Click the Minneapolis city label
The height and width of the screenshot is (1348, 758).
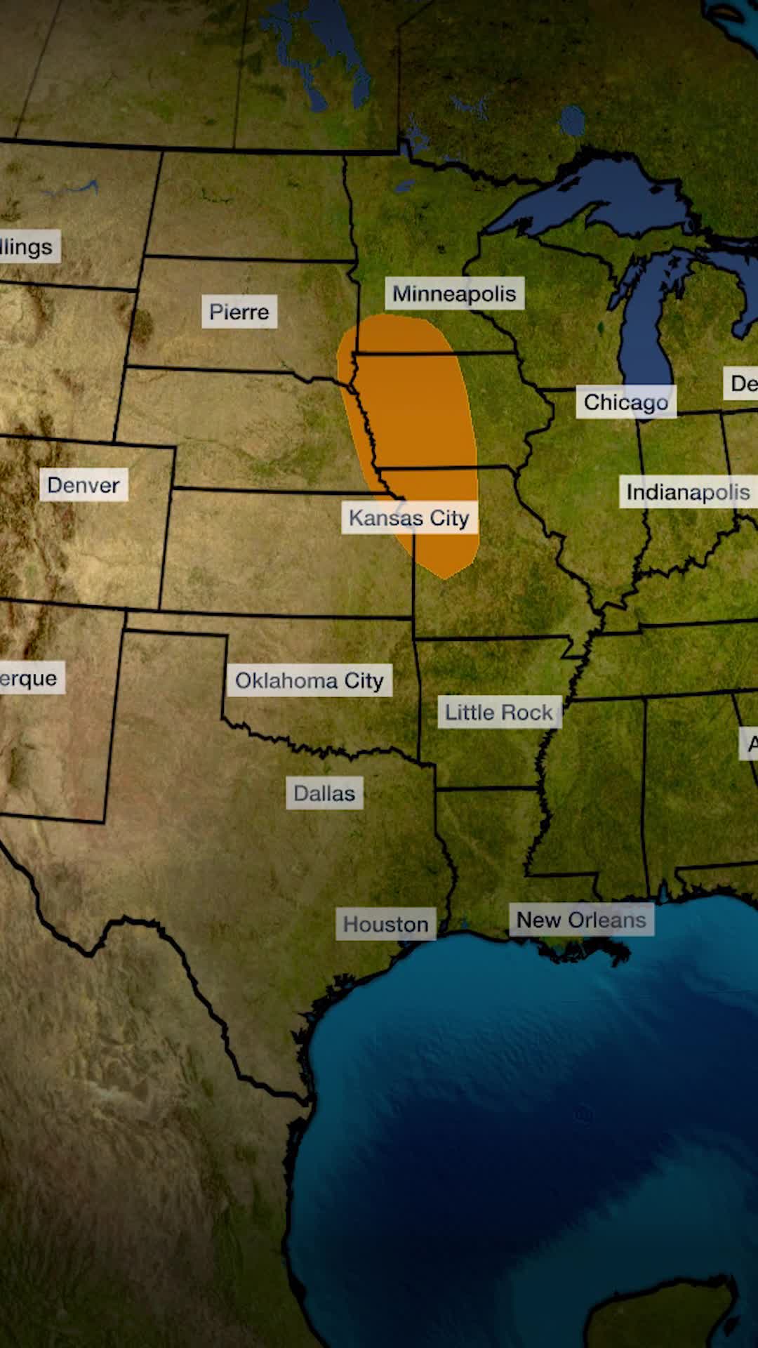[x=454, y=293]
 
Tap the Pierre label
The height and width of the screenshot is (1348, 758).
[x=239, y=312]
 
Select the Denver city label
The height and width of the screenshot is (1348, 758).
[x=84, y=485]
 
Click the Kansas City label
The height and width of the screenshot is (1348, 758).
[x=409, y=518]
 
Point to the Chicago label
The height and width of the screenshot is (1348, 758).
[x=626, y=402]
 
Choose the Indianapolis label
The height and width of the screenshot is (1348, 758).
[x=688, y=492]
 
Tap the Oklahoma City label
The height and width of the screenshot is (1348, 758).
[x=309, y=680]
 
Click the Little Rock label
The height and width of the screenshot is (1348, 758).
[x=499, y=712]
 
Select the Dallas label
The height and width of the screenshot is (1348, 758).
[x=324, y=793]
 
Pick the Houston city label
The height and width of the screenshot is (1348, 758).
[x=385, y=924]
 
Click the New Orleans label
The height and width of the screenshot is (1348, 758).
[x=581, y=920]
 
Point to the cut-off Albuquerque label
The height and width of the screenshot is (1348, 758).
[x=29, y=678]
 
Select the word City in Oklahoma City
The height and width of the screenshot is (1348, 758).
[x=364, y=680]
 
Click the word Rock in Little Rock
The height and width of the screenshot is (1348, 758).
[x=529, y=712]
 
